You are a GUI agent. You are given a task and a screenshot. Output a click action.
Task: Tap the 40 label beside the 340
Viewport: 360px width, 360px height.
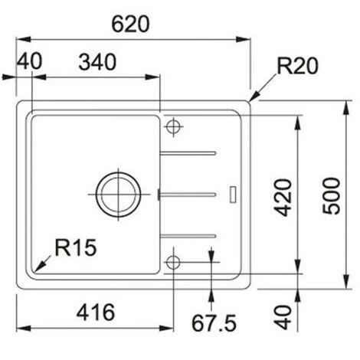pos(29,62)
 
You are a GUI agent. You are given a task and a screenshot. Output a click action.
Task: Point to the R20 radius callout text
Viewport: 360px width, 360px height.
pos(296,67)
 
